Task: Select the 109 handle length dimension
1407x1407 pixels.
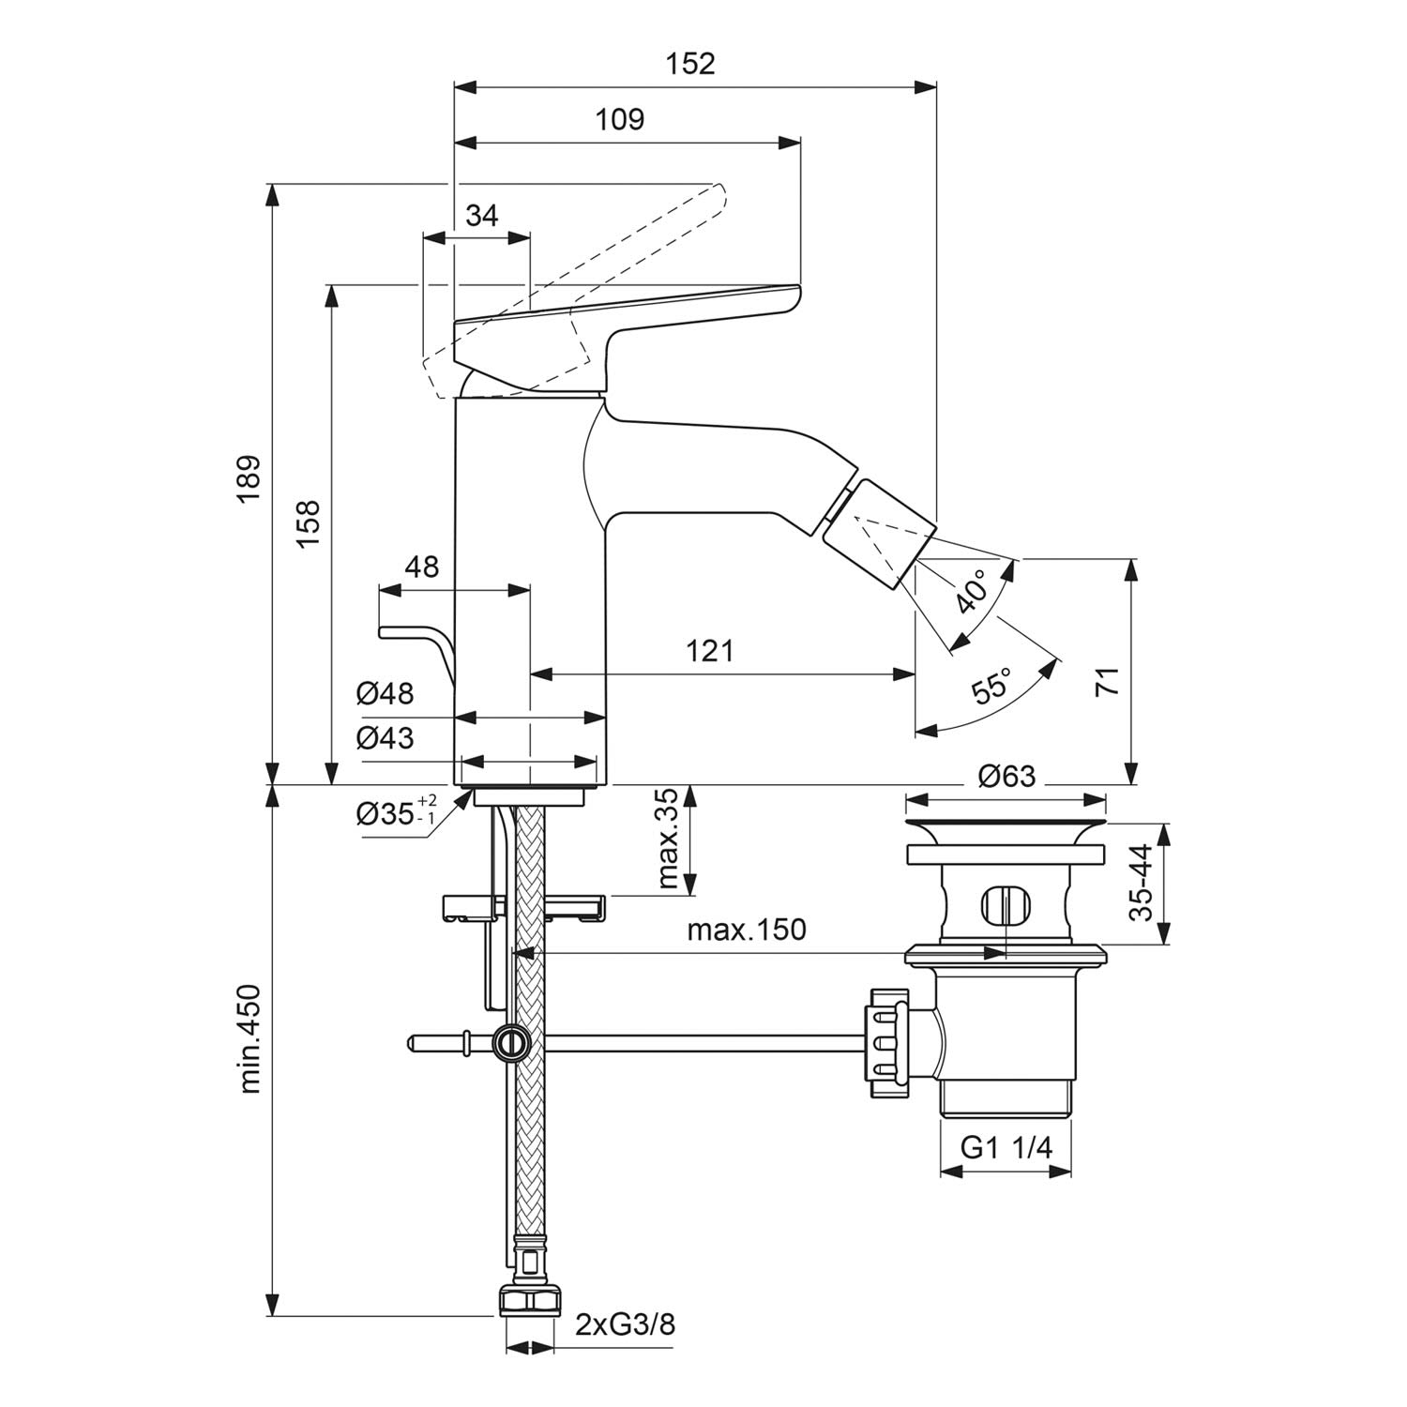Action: [620, 120]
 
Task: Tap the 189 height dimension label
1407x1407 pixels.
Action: [248, 478]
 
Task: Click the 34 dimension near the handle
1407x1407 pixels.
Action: [482, 216]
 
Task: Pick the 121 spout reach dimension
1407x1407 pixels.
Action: [709, 650]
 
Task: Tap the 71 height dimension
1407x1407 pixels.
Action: [1108, 682]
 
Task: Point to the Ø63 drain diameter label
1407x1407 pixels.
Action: [1006, 777]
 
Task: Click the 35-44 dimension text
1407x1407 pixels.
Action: [1141, 884]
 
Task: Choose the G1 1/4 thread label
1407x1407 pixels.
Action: [1006, 1148]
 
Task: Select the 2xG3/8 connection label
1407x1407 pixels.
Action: [625, 1324]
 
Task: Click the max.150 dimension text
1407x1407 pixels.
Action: [747, 930]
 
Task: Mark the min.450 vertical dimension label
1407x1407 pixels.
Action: [249, 1038]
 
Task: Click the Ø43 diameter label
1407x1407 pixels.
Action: [385, 739]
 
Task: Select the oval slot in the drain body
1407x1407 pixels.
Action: [1006, 906]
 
